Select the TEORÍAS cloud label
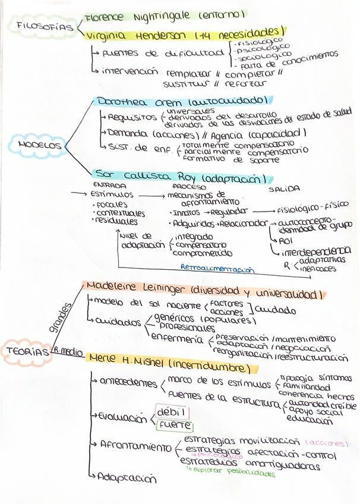pyautogui.click(x=26, y=351)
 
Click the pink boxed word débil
pyautogui.click(x=170, y=412)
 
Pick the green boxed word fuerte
pyautogui.click(x=173, y=426)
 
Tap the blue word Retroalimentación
pyautogui.click(x=217, y=269)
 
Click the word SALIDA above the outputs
pyautogui.click(x=284, y=189)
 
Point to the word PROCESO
pyautogui.click(x=188, y=186)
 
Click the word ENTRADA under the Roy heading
pyautogui.click(x=109, y=185)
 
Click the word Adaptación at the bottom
pyautogui.click(x=127, y=478)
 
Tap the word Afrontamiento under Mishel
pyautogui.click(x=135, y=445)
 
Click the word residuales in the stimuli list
pyautogui.click(x=117, y=222)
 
